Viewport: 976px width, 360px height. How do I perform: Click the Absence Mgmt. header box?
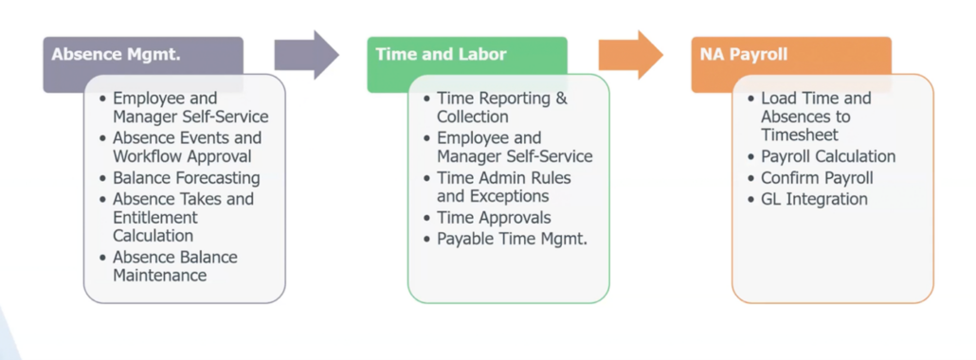pyautogui.click(x=142, y=55)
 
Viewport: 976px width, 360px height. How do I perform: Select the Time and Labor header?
pyautogui.click(x=466, y=55)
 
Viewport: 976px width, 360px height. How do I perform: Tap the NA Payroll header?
pyautogui.click(x=790, y=55)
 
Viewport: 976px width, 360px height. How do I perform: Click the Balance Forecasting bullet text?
pyautogui.click(x=186, y=178)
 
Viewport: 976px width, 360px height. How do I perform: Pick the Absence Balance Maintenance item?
pyautogui.click(x=174, y=266)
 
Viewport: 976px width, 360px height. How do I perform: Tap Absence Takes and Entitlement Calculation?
pyautogui.click(x=183, y=217)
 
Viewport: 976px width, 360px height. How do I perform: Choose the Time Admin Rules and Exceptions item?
pyautogui.click(x=503, y=187)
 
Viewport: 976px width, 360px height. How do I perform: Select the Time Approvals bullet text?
pyautogui.click(x=495, y=218)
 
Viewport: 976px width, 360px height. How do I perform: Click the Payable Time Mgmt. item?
pyautogui.click(x=512, y=239)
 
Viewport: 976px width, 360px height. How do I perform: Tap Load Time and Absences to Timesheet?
pyautogui.click(x=815, y=117)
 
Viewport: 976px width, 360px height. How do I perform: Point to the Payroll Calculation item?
pyautogui.click(x=827, y=156)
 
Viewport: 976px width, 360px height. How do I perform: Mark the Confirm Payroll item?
pyautogui.click(x=817, y=178)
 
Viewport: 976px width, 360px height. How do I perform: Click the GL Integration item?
pyautogui.click(x=814, y=199)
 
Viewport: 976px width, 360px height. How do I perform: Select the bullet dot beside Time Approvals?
pyautogui.click(x=425, y=219)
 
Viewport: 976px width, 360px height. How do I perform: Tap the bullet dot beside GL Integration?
pyautogui.click(x=750, y=200)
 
